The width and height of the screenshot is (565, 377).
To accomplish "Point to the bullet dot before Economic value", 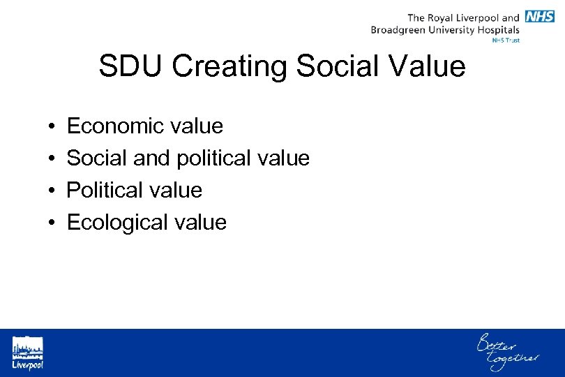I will click(53, 127).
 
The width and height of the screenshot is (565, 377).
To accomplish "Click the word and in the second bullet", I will click(154, 158).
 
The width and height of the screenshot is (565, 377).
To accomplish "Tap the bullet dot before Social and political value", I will click(53, 159).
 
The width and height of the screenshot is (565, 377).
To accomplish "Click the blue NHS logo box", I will click(540, 17).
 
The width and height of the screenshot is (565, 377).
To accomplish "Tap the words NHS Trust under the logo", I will click(506, 40).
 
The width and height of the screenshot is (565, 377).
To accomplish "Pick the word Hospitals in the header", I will click(497, 30).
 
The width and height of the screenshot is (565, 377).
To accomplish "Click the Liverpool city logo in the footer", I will click(27, 353).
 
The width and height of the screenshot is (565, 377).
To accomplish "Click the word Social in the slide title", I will click(336, 67).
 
